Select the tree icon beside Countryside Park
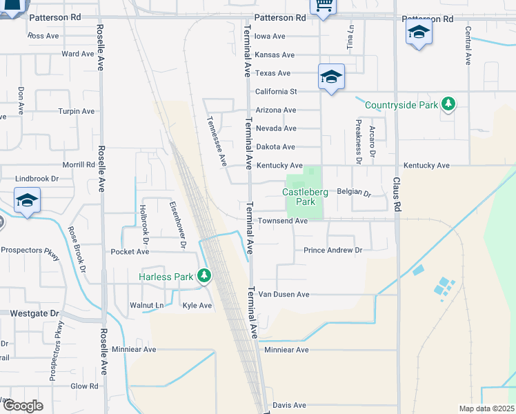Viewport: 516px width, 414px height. click(449, 105)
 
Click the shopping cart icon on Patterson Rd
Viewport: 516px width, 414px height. click(321, 6)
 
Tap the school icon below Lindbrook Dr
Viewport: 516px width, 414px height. click(27, 201)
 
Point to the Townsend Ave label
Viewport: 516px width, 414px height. click(282, 221)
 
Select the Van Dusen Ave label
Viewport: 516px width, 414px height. click(284, 295)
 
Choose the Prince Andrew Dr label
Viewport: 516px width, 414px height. click(333, 250)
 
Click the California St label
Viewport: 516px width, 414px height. click(276, 92)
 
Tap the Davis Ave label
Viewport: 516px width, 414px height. click(289, 405)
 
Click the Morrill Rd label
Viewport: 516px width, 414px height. click(79, 165)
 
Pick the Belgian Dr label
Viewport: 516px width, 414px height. click(354, 194)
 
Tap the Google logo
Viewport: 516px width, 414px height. click(23, 406)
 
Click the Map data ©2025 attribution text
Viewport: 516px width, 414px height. click(486, 408)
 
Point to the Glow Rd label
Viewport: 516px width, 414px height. click(85, 386)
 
